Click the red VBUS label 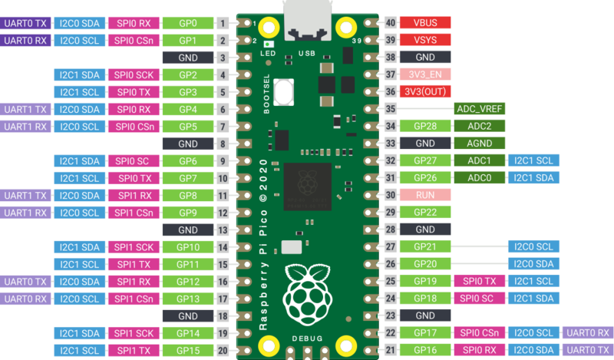pyautogui.click(x=425, y=23)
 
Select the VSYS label pyautogui.click(x=425, y=40)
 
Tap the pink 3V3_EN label pyautogui.click(x=425, y=74)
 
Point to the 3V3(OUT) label pyautogui.click(x=425, y=91)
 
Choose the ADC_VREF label pyautogui.click(x=480, y=109)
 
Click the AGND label pyautogui.click(x=480, y=144)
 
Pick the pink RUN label pyautogui.click(x=425, y=195)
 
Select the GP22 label pyautogui.click(x=425, y=213)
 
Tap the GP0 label pyautogui.click(x=188, y=23)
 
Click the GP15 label pyautogui.click(x=188, y=350)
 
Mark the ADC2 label pyautogui.click(x=480, y=126)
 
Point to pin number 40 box pyautogui.click(x=391, y=23)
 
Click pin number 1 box pyautogui.click(x=223, y=23)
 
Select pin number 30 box pyautogui.click(x=391, y=195)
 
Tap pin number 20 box pyautogui.click(x=223, y=350)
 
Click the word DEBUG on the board pyautogui.click(x=307, y=338)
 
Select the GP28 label pyautogui.click(x=425, y=126)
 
